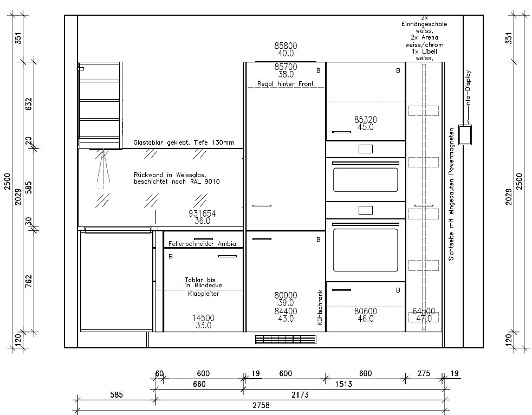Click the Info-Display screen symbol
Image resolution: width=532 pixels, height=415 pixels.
465,135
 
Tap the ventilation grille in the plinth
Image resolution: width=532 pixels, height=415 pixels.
286,339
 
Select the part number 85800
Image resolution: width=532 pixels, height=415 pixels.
286,46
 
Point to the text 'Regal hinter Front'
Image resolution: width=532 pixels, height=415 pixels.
286,84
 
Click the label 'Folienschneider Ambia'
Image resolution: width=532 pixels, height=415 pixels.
202,244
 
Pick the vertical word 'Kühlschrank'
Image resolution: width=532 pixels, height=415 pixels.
320,307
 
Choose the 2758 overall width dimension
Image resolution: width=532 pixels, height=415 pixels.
261,405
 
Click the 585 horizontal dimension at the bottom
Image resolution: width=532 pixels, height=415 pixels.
116,394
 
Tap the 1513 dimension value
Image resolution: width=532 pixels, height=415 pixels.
343,384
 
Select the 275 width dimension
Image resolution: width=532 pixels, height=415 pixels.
424,373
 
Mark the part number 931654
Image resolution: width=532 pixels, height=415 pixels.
202,213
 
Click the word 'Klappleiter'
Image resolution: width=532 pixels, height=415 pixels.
204,294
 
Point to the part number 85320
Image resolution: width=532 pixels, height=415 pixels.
365,119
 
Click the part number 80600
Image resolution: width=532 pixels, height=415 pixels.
365,311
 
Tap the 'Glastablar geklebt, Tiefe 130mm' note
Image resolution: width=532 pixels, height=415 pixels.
184,142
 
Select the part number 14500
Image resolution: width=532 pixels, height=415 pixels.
203,318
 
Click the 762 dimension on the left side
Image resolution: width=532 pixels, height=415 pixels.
29,281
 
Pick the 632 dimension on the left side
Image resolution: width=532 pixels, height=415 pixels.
29,104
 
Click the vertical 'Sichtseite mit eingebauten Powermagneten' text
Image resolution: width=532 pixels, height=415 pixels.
451,194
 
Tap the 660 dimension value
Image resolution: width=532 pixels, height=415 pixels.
199,384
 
